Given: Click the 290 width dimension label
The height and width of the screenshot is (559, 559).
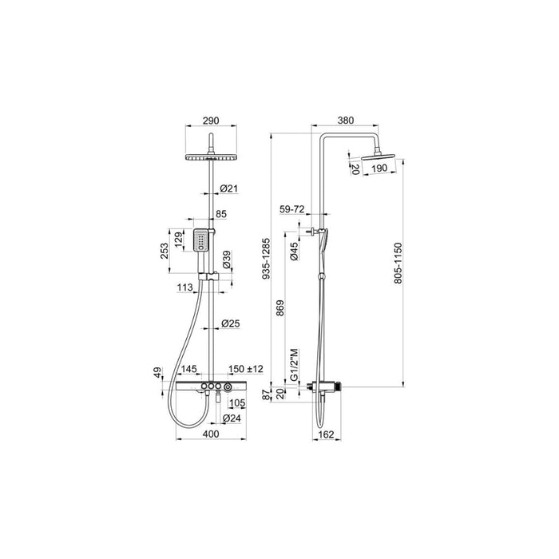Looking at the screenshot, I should point(210,121).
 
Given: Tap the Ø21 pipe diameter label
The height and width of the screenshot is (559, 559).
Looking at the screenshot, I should point(230,189).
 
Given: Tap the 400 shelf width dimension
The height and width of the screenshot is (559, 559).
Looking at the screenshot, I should point(210,434).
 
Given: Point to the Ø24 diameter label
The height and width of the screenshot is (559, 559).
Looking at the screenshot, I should point(231,418).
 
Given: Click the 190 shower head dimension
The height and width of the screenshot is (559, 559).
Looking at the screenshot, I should point(380,169).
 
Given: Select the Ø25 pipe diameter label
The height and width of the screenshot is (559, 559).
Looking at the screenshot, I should point(231,324).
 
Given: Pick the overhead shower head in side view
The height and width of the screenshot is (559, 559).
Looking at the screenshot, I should point(379,157).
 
